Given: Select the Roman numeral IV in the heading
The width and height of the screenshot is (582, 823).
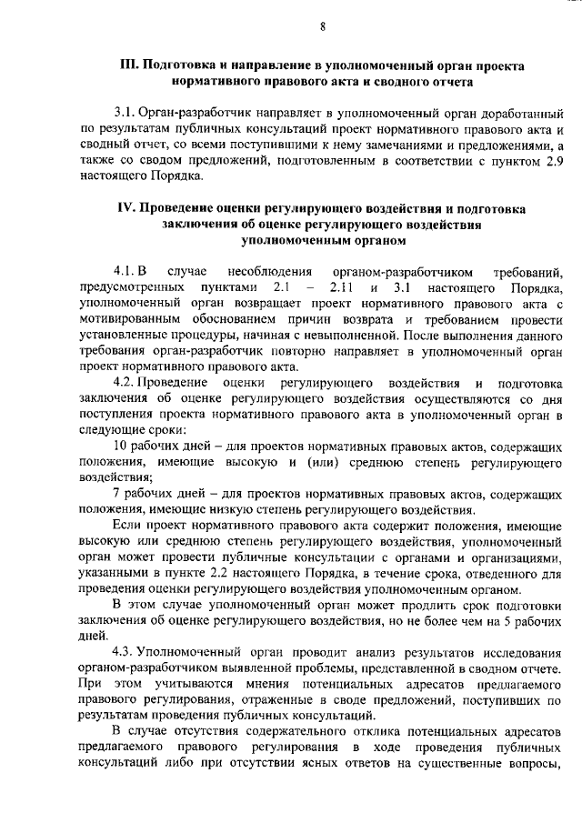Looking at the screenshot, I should [128, 207].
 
